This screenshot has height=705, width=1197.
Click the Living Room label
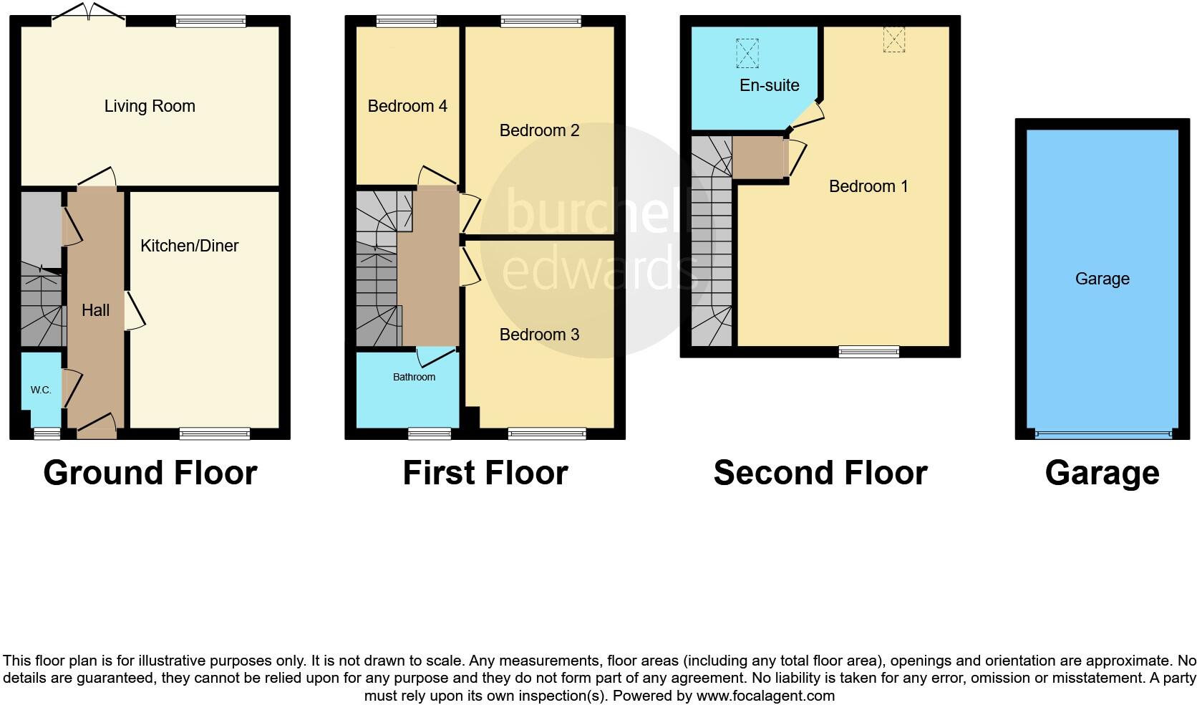150,107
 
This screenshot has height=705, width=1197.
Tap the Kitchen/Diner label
189,246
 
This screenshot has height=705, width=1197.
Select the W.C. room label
41,390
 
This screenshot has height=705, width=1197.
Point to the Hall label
95,310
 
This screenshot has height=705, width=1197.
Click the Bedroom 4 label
407,107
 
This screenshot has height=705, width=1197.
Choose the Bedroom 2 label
539,130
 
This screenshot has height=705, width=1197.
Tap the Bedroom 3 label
539,335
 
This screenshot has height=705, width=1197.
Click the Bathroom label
414,377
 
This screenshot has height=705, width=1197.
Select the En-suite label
769,85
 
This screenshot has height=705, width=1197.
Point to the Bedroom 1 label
868,186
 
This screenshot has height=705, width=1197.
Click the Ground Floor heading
150,474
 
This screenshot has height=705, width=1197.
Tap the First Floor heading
485,474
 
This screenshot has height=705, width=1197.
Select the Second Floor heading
820,474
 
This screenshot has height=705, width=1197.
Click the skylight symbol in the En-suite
747,53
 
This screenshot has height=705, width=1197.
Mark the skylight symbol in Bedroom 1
893,39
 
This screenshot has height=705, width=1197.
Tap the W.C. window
47,432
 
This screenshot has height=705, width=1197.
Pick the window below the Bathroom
430,433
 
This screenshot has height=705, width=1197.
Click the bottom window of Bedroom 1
869,351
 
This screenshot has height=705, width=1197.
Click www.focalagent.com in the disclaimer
765,696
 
